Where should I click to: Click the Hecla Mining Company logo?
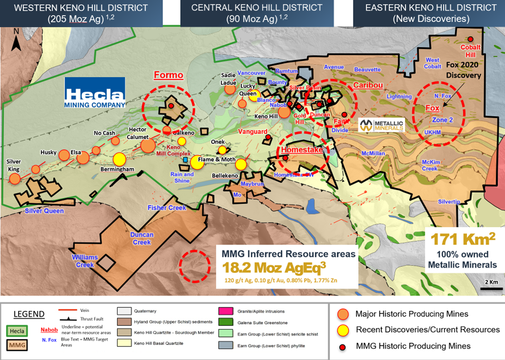pyautogui.click(x=95, y=93)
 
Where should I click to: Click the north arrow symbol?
pyautogui.click(x=16, y=40)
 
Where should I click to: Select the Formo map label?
pyautogui.click(x=168, y=76)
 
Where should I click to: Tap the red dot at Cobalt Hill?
pyautogui.click(x=470, y=39)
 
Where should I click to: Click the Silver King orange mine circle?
pyautogui.click(x=15, y=178)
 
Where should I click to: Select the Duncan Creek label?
pyautogui.click(x=142, y=238)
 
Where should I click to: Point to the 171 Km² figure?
pyautogui.click(x=460, y=239)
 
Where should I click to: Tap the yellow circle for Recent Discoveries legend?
pyautogui.click(x=343, y=329)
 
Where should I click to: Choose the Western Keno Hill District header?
pyautogui.click(x=81, y=14)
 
